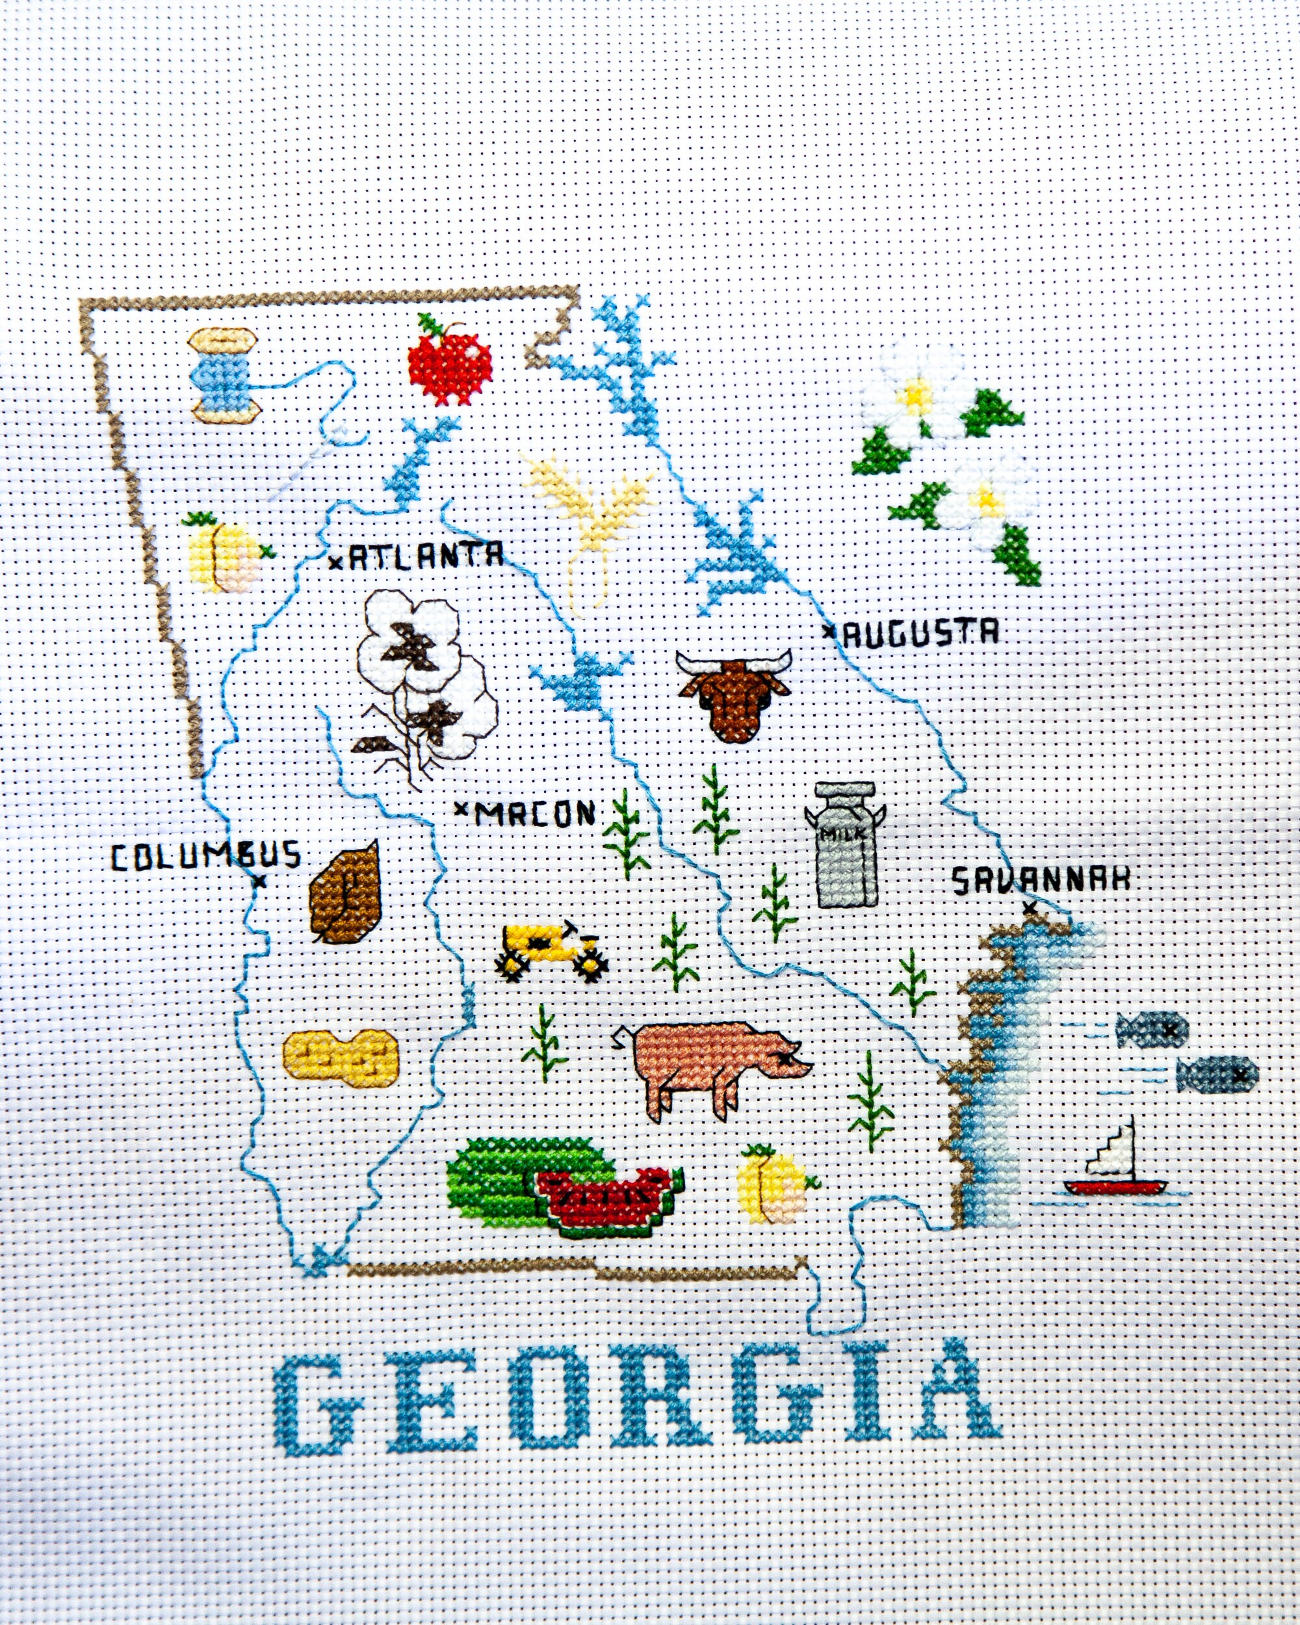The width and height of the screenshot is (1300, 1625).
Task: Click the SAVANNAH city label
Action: (x=1041, y=879)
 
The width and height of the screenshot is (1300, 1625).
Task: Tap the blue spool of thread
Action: (x=224, y=374)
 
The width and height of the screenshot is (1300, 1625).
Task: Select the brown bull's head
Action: (x=733, y=694)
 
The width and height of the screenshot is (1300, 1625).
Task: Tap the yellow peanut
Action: (x=340, y=1058)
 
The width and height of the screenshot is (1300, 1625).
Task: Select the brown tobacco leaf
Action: (x=345, y=891)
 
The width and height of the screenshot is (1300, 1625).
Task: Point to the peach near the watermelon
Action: (x=775, y=1186)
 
